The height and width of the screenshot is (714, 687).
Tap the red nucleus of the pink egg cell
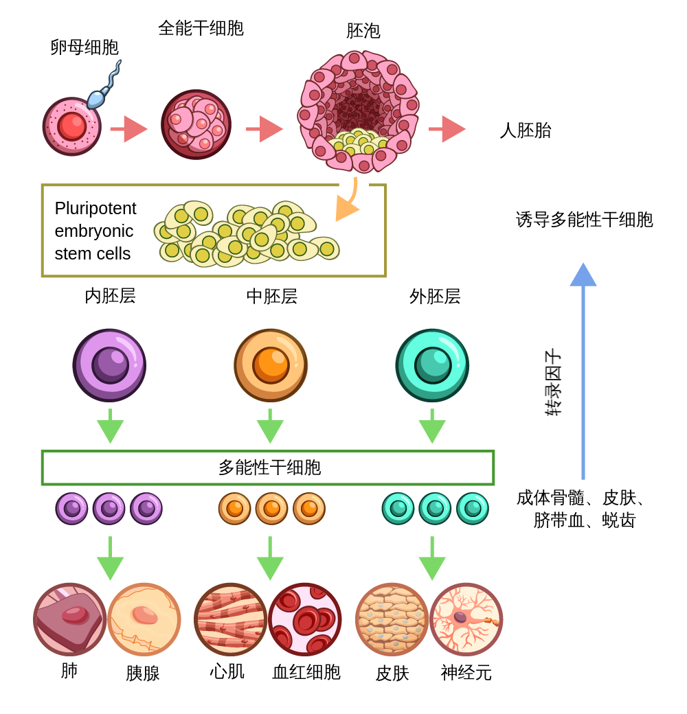pyautogui.click(x=71, y=126)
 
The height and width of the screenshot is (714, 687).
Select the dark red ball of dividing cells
pyautogui.click(x=196, y=124)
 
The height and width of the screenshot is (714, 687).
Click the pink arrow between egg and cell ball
pyautogui.click(x=128, y=128)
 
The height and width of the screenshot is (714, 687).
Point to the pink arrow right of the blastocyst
pyautogui.click(x=447, y=128)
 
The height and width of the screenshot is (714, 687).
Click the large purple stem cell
pyautogui.click(x=109, y=365)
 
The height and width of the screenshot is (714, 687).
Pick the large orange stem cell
pyautogui.click(x=271, y=365)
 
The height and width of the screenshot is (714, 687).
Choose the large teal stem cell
pyautogui.click(x=432, y=365)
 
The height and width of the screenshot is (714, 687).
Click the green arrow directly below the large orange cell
pyautogui.click(x=270, y=427)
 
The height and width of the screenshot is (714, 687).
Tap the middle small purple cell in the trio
pyautogui.click(x=109, y=509)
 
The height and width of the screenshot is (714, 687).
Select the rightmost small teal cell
pyautogui.click(x=473, y=509)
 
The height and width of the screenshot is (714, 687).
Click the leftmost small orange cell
pyautogui.click(x=235, y=509)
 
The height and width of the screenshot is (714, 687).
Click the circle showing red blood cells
pyautogui.click(x=305, y=619)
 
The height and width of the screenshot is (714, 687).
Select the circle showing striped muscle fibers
pyautogui.click(x=230, y=619)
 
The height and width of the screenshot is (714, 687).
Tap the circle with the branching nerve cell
pyautogui.click(x=466, y=619)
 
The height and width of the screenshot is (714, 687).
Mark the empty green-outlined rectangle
pyautogui.click(x=268, y=468)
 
